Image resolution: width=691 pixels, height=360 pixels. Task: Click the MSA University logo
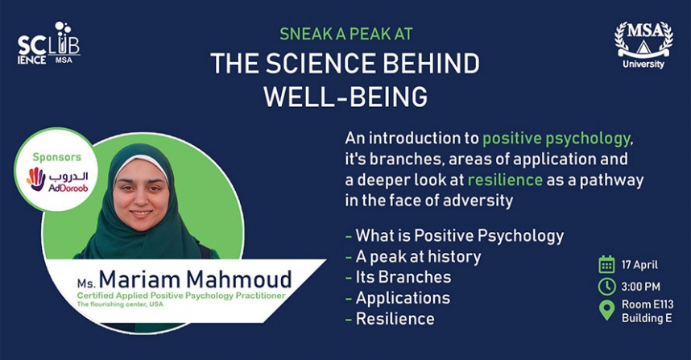[x=643, y=45]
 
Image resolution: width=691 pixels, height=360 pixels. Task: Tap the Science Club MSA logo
[x=49, y=43]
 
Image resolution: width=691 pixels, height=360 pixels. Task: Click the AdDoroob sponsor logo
[x=57, y=180]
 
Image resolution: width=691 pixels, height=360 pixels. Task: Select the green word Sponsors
[x=57, y=157]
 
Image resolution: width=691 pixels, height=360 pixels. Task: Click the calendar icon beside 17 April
[x=606, y=264]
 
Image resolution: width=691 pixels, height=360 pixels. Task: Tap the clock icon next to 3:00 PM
[x=606, y=287]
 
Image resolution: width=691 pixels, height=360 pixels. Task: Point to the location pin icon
[x=606, y=310]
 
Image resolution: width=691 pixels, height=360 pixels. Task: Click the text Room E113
[x=648, y=304]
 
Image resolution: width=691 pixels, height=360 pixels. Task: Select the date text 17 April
[x=639, y=265]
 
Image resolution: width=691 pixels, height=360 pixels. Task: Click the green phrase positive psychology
[x=557, y=139]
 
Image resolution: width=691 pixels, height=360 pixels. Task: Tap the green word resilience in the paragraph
[x=505, y=180]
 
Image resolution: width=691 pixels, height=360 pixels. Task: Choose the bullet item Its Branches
[x=403, y=277]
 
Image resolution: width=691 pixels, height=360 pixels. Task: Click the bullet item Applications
[x=403, y=298]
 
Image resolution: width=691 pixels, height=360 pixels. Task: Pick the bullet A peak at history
[x=418, y=256]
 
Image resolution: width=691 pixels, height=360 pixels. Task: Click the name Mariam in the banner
[x=139, y=279]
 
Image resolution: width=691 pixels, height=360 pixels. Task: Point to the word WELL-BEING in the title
[x=345, y=97]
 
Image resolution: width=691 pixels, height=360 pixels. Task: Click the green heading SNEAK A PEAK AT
[x=346, y=34]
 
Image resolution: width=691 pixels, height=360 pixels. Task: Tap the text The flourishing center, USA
[x=120, y=304]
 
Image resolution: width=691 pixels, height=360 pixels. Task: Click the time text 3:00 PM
[x=641, y=287]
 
